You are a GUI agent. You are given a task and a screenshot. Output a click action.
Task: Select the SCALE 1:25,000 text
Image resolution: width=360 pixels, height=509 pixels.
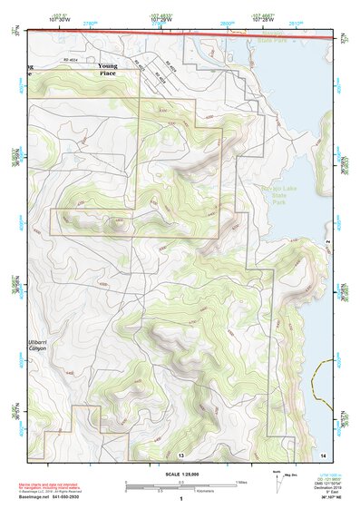(181, 474)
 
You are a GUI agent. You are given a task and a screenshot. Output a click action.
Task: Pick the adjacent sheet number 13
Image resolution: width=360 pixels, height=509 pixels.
(181, 453)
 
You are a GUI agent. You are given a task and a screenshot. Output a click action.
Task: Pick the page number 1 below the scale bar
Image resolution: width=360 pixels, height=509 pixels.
(181, 499)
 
